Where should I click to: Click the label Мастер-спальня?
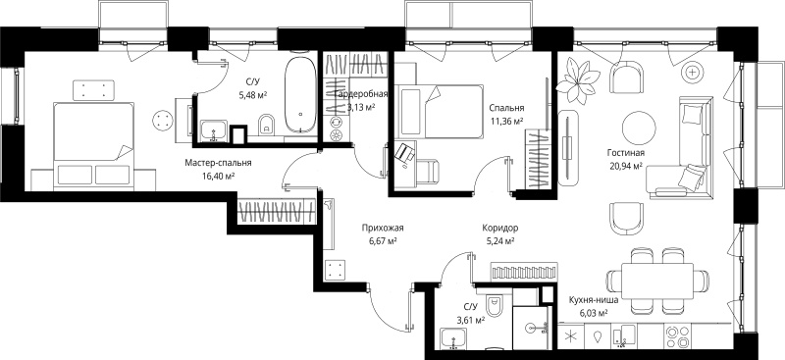(218, 163)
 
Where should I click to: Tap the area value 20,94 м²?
(625, 166)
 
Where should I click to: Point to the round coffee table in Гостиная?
(639, 128)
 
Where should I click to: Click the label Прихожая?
(383, 229)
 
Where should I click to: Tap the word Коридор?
(500, 229)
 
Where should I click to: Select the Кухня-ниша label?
(594, 300)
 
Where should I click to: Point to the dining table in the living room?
(657, 281)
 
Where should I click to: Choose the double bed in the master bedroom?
(93, 146)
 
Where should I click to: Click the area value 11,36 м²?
(506, 121)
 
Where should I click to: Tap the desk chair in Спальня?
(427, 172)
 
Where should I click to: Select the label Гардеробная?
(360, 93)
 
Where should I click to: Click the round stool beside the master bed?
(163, 121)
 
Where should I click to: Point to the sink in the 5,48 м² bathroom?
(214, 131)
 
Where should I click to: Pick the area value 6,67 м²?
(383, 241)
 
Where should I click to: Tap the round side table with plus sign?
(693, 74)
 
